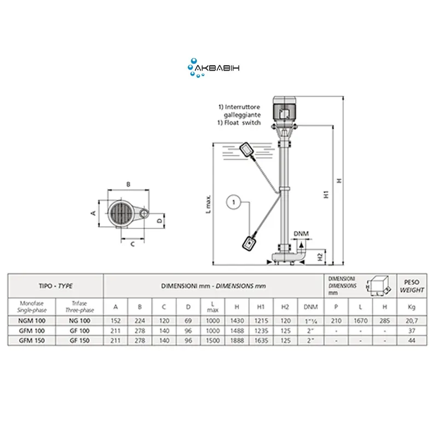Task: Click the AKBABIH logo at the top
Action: tap(214, 68)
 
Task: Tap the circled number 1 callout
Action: tap(234, 202)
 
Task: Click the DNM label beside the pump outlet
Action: tap(301, 234)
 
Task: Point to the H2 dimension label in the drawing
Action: tap(320, 257)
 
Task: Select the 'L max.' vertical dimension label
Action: tap(209, 204)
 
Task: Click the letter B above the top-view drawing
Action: tap(128, 185)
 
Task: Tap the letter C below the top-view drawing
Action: tap(132, 244)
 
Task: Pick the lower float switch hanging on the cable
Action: tap(250, 243)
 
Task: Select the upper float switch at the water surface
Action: tap(247, 150)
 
